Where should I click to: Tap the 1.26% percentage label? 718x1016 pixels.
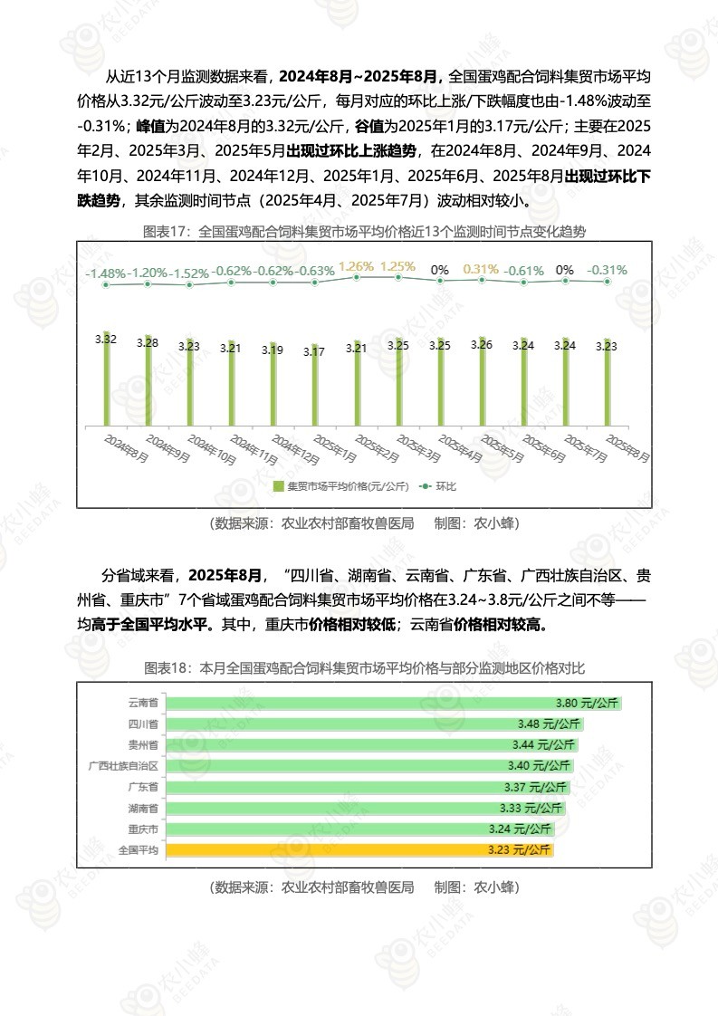tap(356, 266)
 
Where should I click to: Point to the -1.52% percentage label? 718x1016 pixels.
tap(189, 273)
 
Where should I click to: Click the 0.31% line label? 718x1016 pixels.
tap(481, 269)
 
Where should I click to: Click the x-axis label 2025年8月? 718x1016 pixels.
tap(627, 448)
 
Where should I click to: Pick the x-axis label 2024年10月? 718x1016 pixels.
tap(209, 448)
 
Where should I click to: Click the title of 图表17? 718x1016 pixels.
tap(365, 232)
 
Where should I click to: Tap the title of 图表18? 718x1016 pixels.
tap(365, 668)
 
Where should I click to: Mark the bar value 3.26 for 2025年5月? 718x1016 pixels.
tap(482, 344)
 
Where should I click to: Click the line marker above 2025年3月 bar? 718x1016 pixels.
tap(398, 277)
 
